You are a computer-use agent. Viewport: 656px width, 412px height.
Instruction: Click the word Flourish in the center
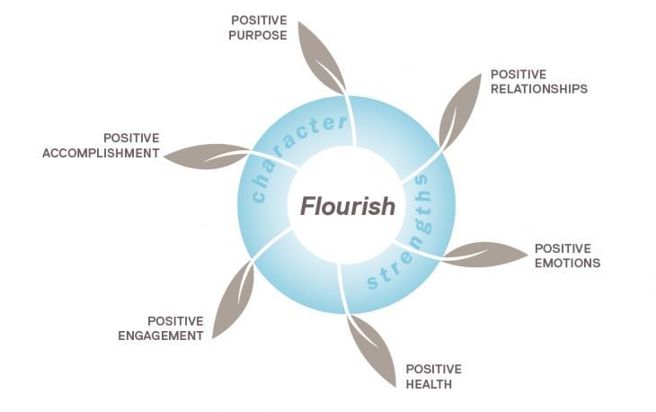(346, 207)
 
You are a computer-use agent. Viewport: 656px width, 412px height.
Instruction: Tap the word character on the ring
(297, 148)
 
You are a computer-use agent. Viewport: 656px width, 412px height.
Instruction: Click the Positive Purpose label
(259, 27)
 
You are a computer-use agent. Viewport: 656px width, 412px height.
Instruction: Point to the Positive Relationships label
(538, 83)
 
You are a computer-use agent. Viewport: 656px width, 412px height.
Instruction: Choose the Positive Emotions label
(567, 255)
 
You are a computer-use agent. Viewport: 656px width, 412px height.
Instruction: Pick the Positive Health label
(433, 377)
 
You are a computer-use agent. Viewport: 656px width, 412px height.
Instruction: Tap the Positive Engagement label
(162, 328)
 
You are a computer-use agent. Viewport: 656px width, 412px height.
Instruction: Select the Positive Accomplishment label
(101, 146)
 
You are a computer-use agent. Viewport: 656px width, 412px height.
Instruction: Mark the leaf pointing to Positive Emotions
(483, 255)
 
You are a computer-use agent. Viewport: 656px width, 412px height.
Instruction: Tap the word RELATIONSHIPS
(538, 90)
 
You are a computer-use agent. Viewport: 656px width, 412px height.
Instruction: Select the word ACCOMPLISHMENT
(101, 153)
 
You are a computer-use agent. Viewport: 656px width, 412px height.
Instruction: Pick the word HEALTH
(428, 384)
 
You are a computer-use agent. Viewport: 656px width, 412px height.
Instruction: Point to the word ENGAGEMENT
(162, 336)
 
